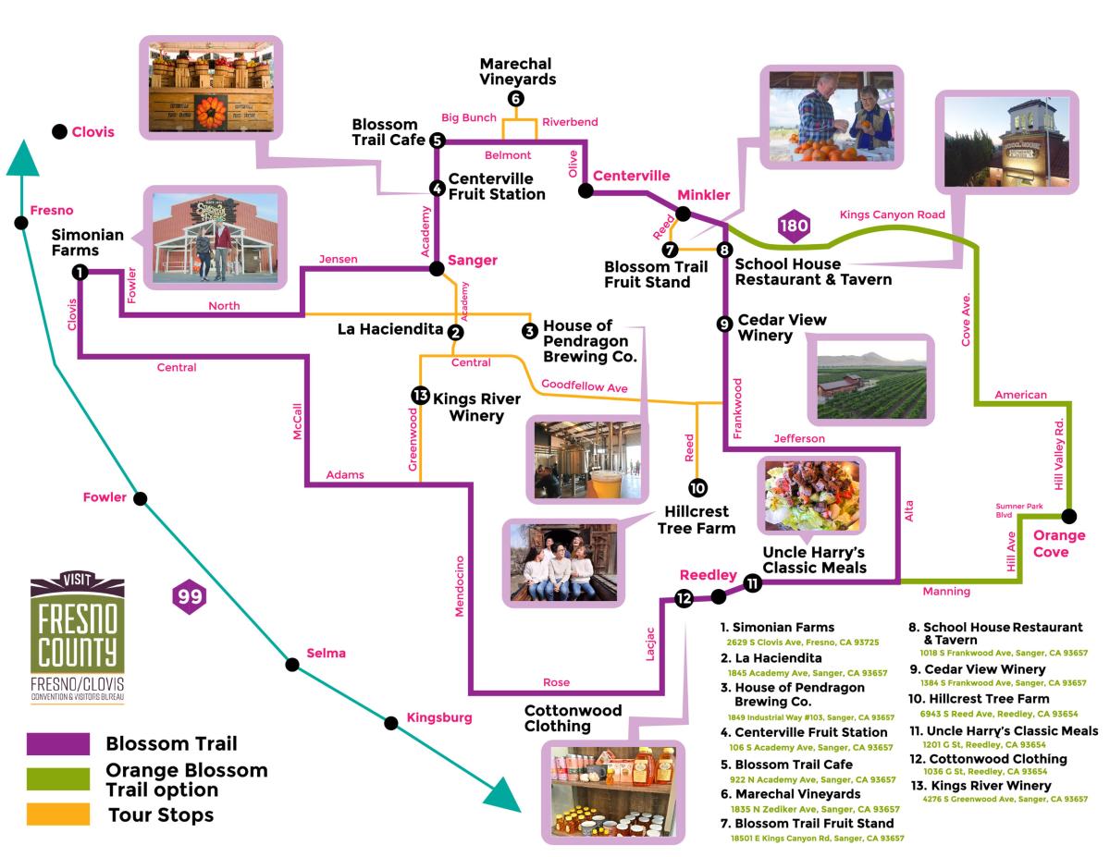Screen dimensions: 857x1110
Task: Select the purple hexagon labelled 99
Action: pyautogui.click(x=191, y=596)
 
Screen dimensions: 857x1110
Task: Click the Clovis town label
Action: pyautogui.click(x=92, y=132)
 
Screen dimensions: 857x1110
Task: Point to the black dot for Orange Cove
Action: pyautogui.click(x=1069, y=516)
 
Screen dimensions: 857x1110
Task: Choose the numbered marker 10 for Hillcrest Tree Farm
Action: pyautogui.click(x=697, y=487)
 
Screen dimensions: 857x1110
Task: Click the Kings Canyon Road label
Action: pyautogui.click(x=892, y=214)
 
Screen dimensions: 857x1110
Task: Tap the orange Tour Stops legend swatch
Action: pyautogui.click(x=58, y=814)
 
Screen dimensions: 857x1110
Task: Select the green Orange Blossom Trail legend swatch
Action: pyautogui.click(x=58, y=779)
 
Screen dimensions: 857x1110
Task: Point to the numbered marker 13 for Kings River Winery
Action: pyautogui.click(x=421, y=396)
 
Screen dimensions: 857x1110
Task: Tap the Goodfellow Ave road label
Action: pyautogui.click(x=584, y=386)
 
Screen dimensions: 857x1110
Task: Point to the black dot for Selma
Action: pyautogui.click(x=291, y=663)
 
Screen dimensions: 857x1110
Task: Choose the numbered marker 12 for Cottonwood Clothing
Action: pyautogui.click(x=684, y=598)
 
